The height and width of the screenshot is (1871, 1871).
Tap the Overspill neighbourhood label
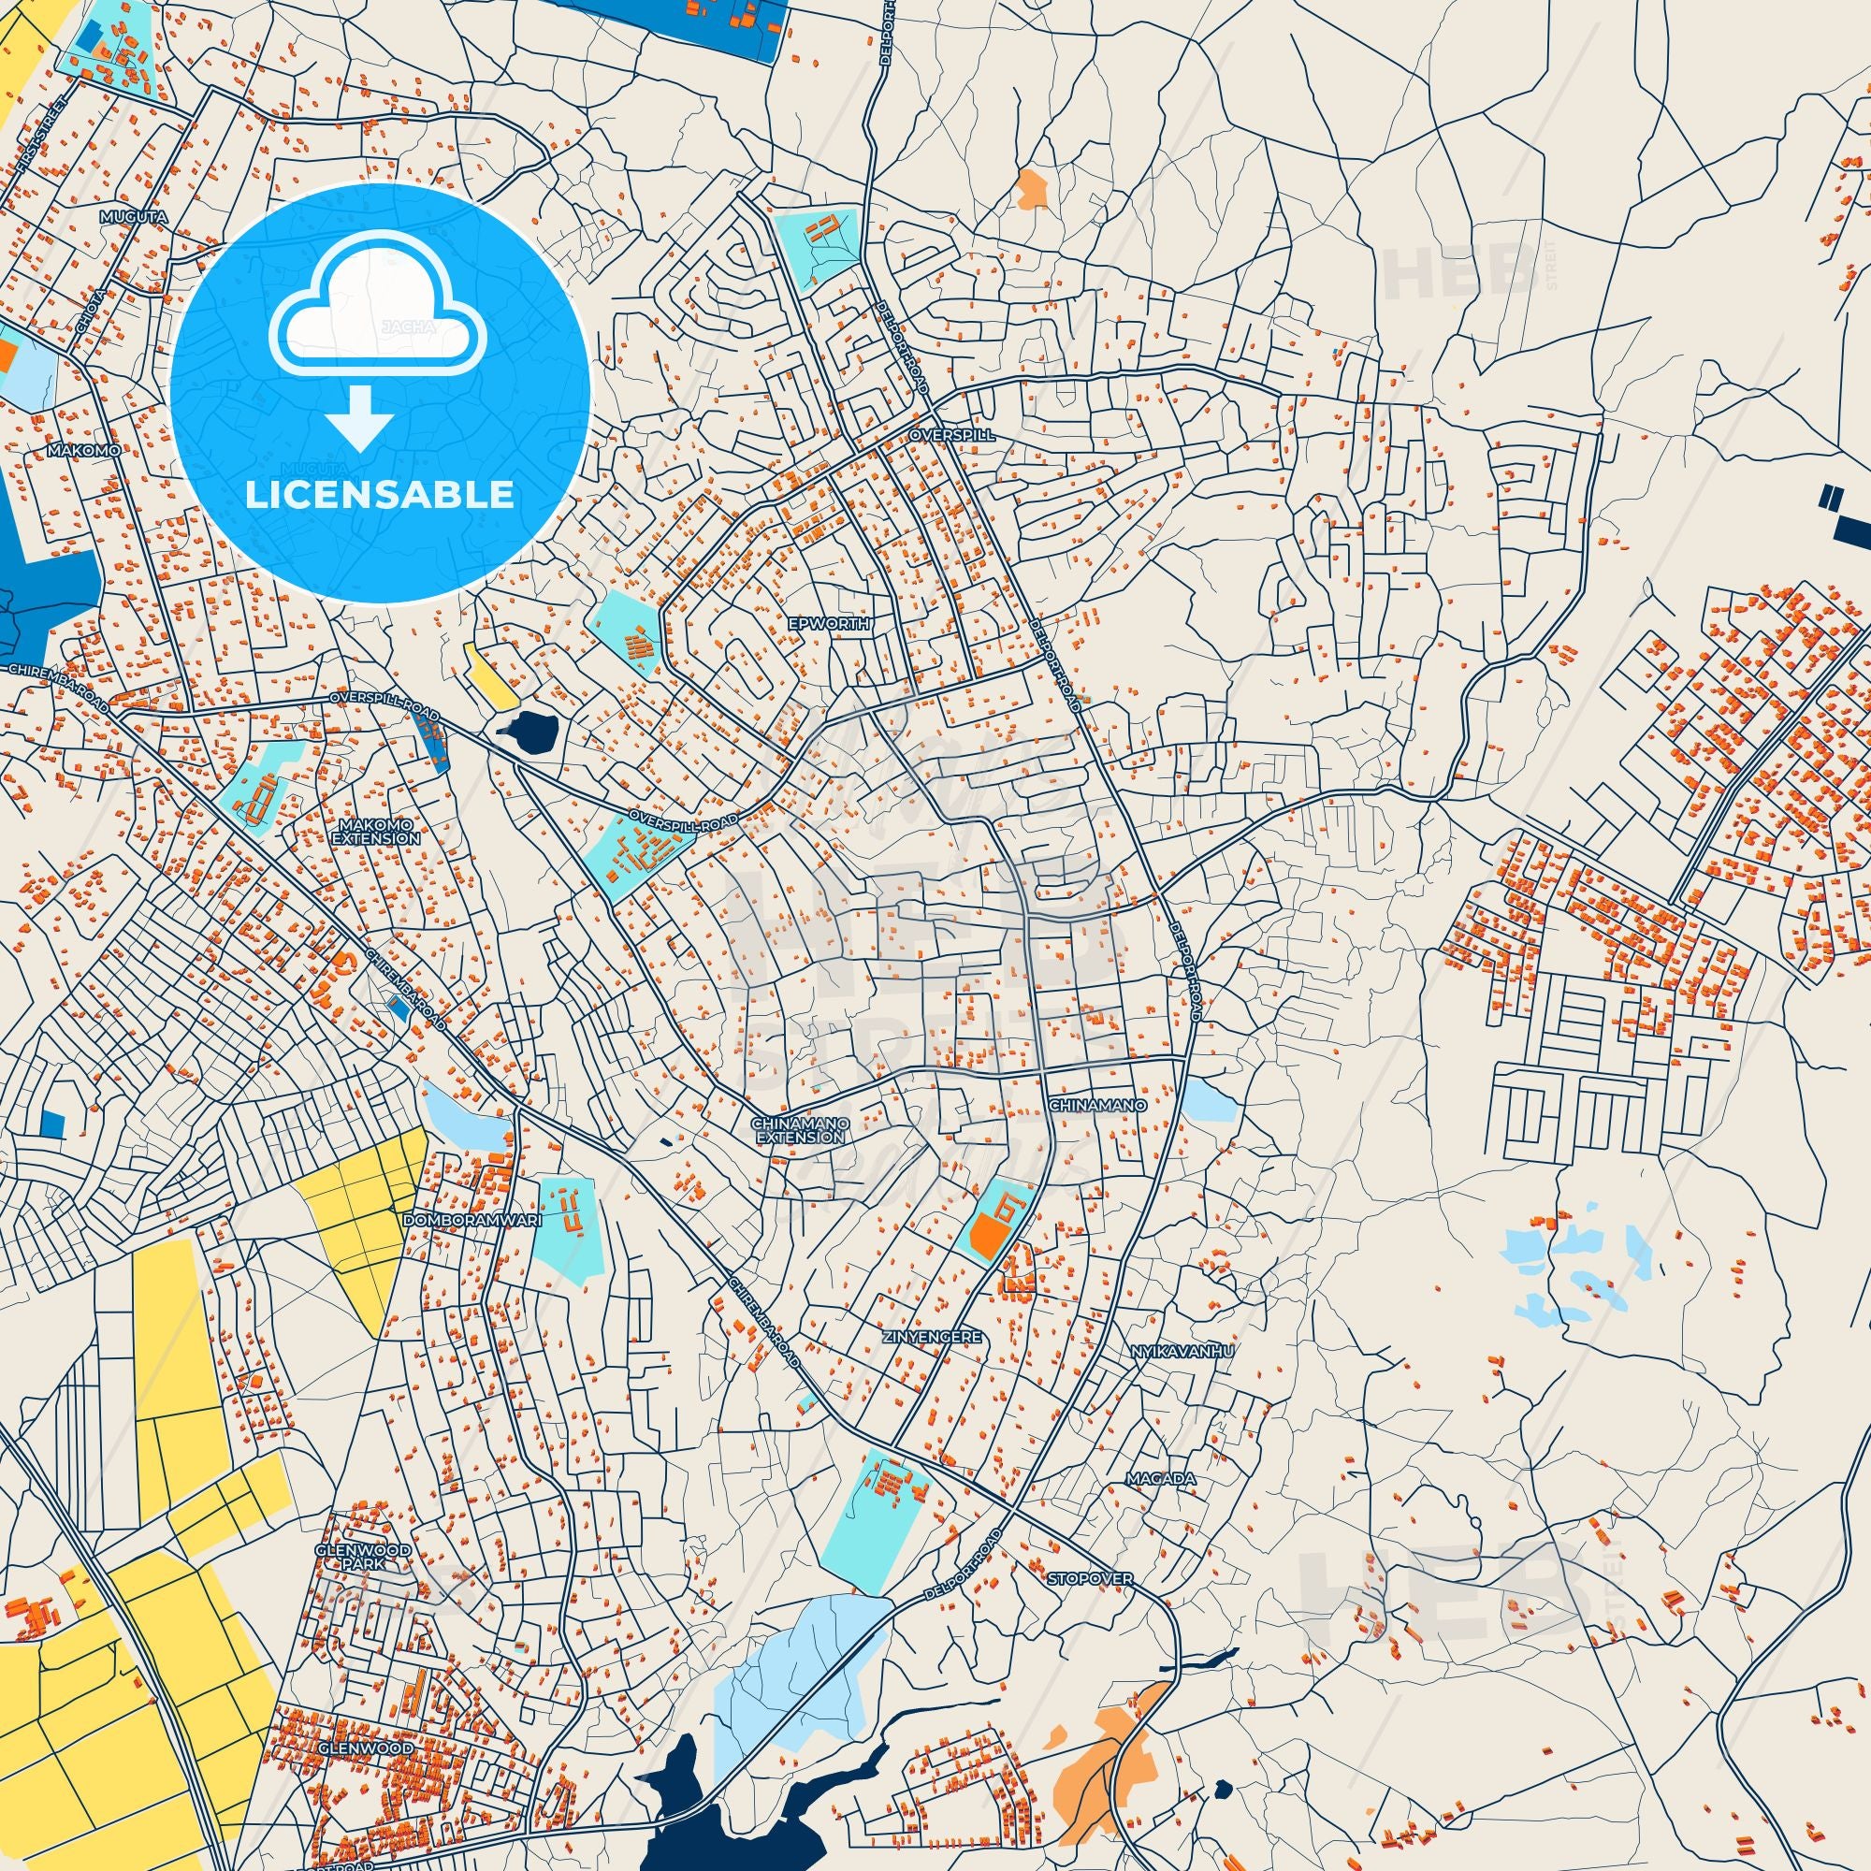952,436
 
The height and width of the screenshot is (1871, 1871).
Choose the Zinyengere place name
933,1338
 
